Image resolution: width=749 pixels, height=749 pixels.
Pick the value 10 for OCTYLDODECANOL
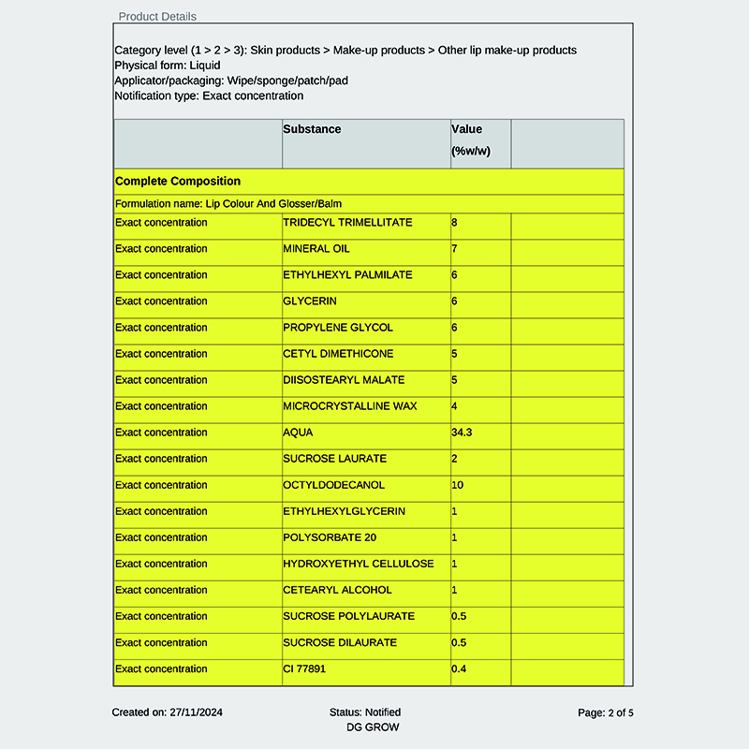458,485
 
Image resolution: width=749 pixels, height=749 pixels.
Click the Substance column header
312,129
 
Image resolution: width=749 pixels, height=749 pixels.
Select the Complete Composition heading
178,181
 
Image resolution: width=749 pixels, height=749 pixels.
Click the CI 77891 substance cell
304,668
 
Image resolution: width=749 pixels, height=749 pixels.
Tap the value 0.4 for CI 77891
459,668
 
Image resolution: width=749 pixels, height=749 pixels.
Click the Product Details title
157,16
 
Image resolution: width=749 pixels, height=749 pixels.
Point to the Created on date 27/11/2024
168,712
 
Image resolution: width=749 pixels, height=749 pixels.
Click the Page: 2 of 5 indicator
606,712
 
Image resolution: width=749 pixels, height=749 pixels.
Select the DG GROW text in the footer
373,727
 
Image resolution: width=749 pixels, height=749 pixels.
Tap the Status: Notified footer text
365,712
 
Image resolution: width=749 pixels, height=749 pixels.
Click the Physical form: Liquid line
168,66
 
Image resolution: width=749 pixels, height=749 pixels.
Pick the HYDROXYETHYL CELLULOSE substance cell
359,564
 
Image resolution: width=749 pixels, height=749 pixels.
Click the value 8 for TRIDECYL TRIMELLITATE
455,223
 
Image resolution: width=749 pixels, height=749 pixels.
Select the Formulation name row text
235,203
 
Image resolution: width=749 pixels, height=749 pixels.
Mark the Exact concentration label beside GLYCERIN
161,301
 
